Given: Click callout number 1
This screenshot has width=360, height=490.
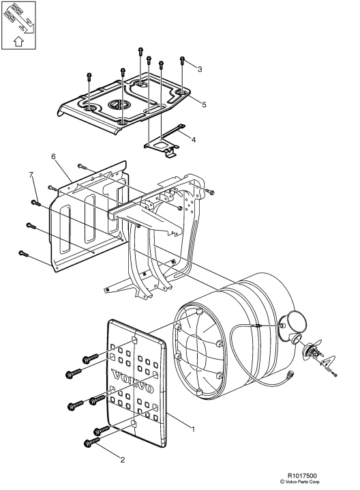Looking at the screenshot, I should tap(194, 429).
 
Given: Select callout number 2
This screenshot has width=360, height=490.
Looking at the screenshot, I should tap(122, 460).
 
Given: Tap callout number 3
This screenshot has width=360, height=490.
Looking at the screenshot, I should tap(199, 70).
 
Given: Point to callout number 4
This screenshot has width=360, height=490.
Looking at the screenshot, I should tap(194, 140).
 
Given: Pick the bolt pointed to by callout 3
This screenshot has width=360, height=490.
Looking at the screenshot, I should tap(183, 61).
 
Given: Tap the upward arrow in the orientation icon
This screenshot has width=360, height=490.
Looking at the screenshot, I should tap(18, 42).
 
